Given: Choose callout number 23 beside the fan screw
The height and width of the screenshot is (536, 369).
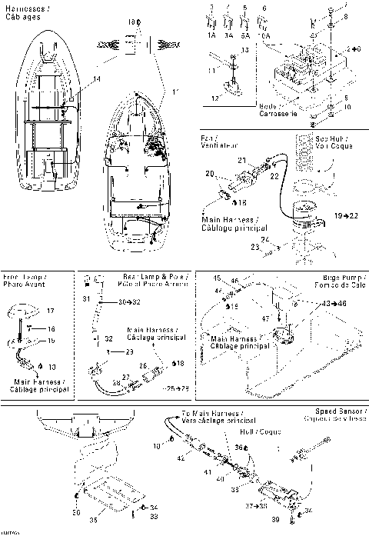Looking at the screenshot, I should (254, 246).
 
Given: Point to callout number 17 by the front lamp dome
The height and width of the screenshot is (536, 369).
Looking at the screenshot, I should (51, 311).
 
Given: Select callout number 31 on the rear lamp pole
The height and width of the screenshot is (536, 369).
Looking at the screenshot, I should (86, 298).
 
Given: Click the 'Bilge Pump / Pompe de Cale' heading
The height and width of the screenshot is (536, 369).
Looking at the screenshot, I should (333, 280).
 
